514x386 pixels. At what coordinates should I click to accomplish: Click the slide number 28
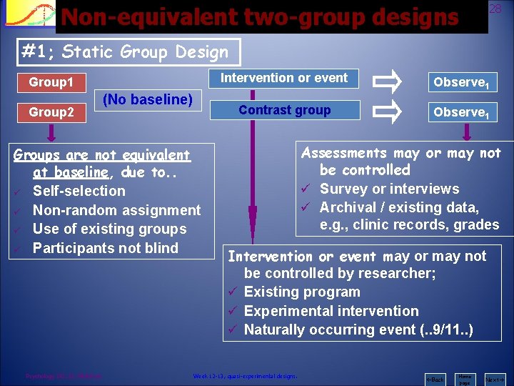(x=495, y=8)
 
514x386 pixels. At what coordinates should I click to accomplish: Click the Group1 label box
(x=51, y=82)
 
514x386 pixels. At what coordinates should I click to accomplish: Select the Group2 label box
(x=51, y=112)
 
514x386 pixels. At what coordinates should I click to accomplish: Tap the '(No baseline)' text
(x=148, y=99)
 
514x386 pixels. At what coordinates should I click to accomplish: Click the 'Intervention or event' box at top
(x=284, y=78)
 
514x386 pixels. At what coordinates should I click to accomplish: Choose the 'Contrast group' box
(x=284, y=110)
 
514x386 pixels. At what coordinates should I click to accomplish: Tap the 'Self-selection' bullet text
(x=79, y=191)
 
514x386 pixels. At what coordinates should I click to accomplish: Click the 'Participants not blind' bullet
(x=105, y=248)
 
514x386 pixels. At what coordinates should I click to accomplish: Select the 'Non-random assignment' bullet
(x=116, y=210)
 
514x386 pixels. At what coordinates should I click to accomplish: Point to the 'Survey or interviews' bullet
(x=389, y=189)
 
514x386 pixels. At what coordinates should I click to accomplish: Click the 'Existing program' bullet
(x=302, y=292)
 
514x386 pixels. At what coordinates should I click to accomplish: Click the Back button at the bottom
(x=435, y=379)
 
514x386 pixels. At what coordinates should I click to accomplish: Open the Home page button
(x=465, y=379)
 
